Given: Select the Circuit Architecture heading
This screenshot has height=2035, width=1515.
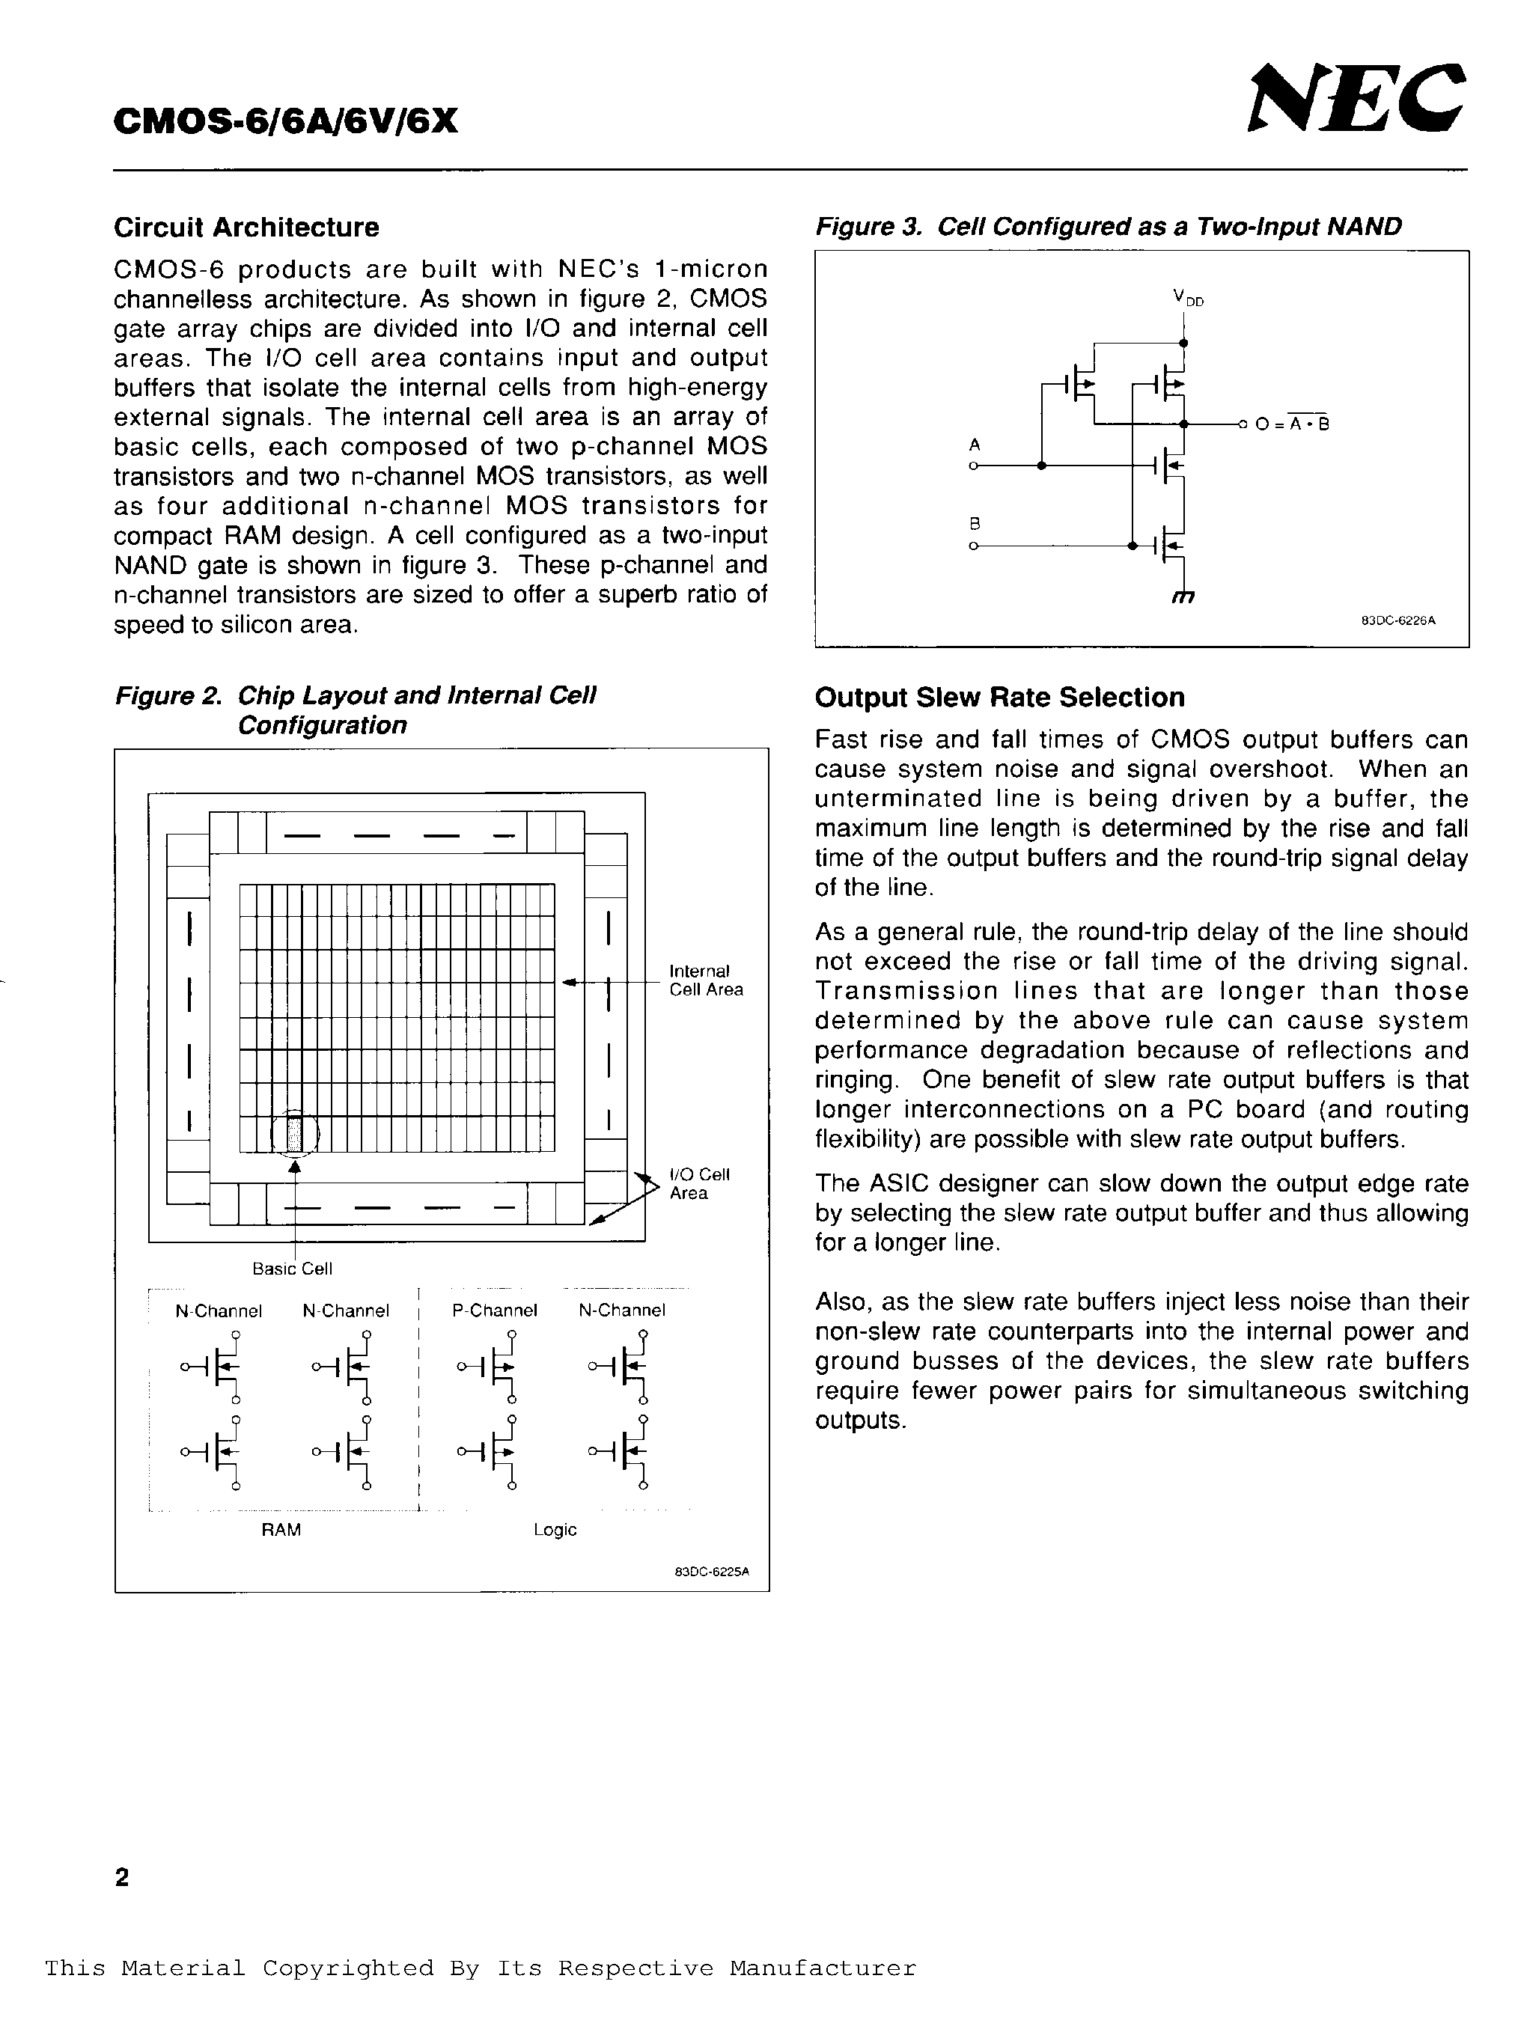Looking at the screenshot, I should click(246, 228).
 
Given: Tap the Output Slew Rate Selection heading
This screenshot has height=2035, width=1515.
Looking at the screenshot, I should click(999, 698).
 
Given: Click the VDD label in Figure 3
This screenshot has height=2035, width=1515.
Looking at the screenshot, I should click(1186, 297).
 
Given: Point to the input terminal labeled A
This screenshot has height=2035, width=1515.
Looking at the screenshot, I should click(974, 466).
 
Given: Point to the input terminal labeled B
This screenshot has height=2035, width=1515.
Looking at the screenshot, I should click(974, 546).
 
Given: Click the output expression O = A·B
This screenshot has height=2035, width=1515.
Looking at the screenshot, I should click(1291, 424).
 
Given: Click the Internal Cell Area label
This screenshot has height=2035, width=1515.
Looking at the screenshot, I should click(705, 980).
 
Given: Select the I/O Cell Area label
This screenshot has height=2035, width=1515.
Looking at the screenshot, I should click(699, 1184).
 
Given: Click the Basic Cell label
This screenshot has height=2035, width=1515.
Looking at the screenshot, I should click(292, 1269).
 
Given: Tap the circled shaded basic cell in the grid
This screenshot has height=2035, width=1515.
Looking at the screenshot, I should click(294, 1134).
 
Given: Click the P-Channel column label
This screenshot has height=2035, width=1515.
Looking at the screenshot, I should click(494, 1311).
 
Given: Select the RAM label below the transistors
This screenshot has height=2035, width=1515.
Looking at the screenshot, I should click(281, 1530).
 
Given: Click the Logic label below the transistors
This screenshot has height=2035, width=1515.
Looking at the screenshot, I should click(555, 1530).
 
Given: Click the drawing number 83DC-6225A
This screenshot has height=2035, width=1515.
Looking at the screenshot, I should click(712, 1571).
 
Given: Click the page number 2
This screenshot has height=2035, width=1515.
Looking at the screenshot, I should click(122, 1877).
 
